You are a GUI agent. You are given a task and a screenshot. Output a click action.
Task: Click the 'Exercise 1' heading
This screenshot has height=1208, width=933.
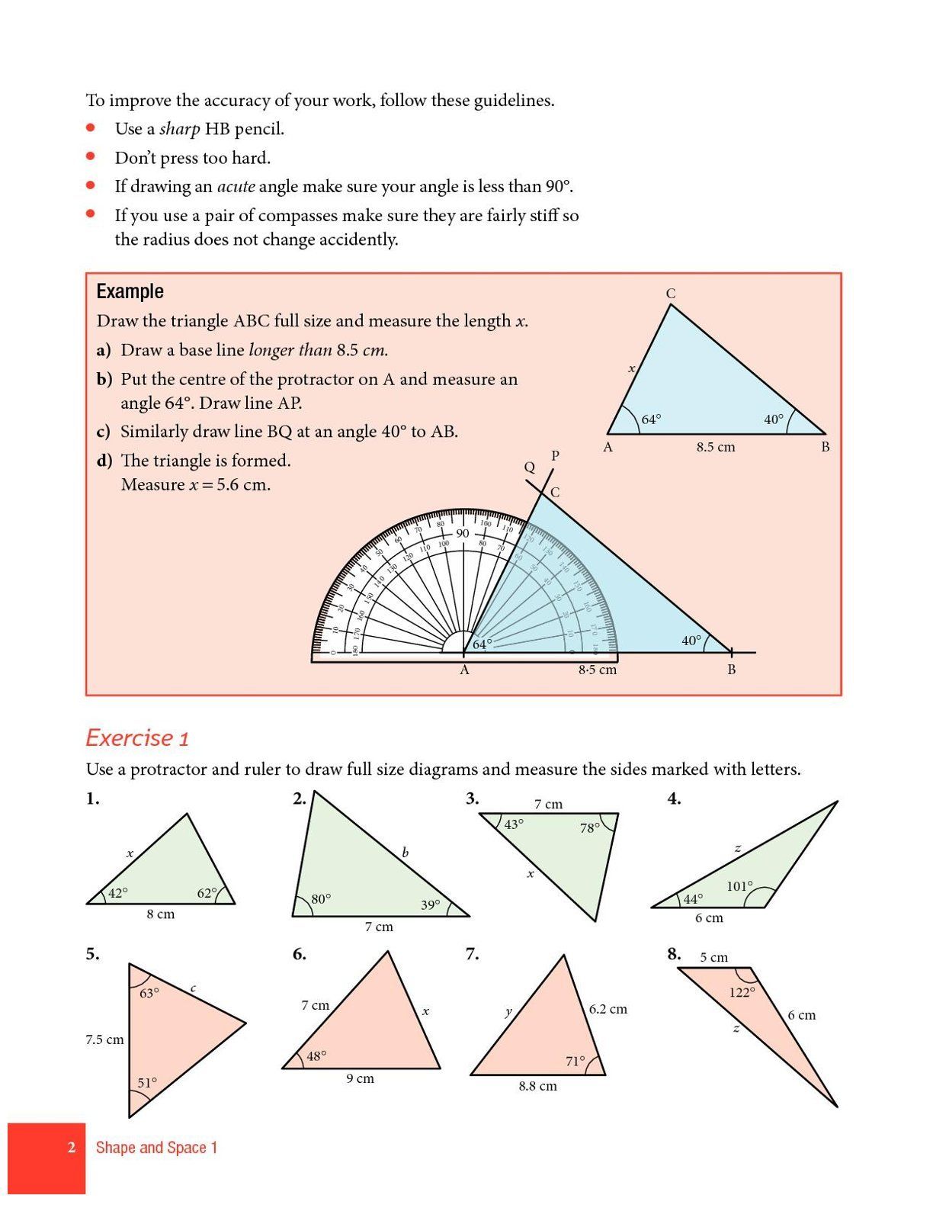(x=137, y=738)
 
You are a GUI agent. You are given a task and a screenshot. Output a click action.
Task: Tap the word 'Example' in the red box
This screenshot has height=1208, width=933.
(x=130, y=291)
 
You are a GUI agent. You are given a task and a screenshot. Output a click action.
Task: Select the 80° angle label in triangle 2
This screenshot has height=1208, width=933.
(x=321, y=898)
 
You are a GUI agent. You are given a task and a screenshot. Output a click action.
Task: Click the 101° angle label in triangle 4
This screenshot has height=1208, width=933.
(x=739, y=886)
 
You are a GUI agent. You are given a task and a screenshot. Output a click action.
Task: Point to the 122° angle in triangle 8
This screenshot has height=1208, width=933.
(x=742, y=992)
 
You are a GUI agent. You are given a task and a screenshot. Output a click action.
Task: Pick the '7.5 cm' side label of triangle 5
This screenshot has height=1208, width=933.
(x=104, y=1039)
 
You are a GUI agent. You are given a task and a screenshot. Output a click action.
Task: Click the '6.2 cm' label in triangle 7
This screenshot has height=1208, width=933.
(x=608, y=1009)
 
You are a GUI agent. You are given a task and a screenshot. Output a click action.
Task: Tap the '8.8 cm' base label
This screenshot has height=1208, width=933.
(x=537, y=1086)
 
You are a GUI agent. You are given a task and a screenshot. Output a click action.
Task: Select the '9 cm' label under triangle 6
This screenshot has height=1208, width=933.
(x=360, y=1078)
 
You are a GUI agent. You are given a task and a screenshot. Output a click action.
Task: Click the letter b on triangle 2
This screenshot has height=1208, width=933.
(x=405, y=853)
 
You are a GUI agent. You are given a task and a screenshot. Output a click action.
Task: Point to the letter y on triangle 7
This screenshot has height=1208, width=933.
(x=508, y=1012)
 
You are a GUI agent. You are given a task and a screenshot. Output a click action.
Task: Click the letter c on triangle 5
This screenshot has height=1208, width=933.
(x=193, y=988)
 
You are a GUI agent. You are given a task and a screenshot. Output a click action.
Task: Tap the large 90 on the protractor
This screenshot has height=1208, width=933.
(x=463, y=533)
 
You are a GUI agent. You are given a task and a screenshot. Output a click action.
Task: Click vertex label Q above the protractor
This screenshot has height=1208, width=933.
(x=529, y=467)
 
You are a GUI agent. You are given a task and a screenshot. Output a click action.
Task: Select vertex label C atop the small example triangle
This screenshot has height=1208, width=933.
(x=670, y=294)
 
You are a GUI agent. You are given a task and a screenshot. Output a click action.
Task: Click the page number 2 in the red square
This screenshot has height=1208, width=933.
(x=71, y=1147)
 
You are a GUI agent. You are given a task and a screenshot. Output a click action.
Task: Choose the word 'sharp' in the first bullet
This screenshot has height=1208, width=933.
(x=179, y=129)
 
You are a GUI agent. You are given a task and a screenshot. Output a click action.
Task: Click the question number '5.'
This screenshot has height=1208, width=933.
(x=92, y=954)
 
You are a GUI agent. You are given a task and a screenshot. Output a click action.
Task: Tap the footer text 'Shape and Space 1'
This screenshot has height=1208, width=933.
(x=156, y=1147)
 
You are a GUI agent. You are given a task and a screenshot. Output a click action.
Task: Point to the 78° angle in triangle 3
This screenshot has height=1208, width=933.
(x=589, y=827)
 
